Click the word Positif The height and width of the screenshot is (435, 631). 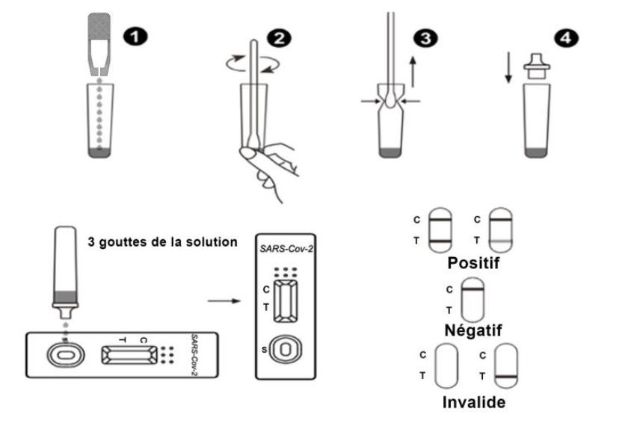point(473,263)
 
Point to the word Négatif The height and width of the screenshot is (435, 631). point(473,330)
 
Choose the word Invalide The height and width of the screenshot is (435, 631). point(473,401)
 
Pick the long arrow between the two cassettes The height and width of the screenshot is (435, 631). point(222,302)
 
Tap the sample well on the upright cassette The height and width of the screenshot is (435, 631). point(286,349)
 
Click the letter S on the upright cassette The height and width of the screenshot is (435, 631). point(263,350)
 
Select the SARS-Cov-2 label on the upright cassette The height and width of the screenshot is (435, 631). point(286,247)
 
